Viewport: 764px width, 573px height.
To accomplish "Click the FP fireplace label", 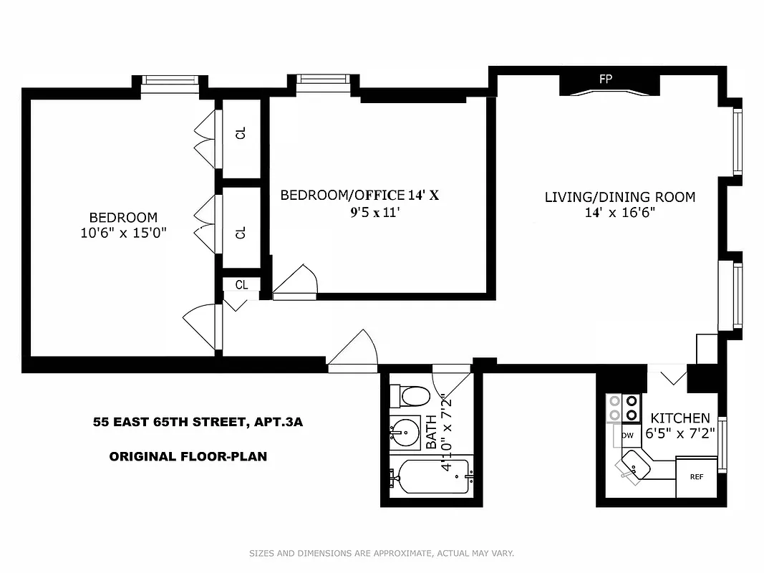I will (605, 79).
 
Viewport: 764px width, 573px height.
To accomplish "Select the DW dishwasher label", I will (627, 435).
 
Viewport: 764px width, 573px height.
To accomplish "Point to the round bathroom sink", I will (407, 432).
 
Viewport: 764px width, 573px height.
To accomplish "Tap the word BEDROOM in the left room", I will (123, 217).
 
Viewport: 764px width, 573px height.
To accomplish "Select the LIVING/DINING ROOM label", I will (619, 197).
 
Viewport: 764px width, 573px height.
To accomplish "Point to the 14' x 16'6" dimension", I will (619, 213).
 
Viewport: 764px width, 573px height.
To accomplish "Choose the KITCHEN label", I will (680, 418).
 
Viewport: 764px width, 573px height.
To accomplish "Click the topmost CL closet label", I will (241, 133).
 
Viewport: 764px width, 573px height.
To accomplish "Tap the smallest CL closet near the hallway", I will (241, 284).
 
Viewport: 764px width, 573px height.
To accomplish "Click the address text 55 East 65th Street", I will (198, 422).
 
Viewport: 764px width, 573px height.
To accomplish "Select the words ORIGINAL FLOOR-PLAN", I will (188, 456).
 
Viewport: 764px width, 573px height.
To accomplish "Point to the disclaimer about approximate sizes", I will (381, 553).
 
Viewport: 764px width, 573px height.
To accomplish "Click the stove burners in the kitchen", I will (622, 407).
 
